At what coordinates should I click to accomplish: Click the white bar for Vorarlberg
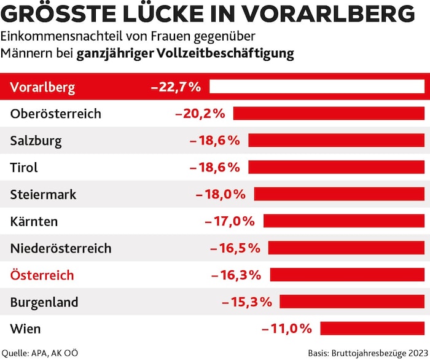pos(317,87)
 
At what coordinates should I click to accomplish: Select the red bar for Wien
pos(372,328)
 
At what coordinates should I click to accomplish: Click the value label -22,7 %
pos(176,87)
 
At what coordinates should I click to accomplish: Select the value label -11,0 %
pos(287,328)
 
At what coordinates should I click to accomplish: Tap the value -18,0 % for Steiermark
pos(221,194)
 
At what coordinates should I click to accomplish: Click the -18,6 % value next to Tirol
pos(214,167)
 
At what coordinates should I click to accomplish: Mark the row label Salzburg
pos(36,141)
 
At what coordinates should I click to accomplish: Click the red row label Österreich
pos(42,275)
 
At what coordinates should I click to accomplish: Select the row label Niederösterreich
pos(61,248)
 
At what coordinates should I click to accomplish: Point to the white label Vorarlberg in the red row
pos(42,87)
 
